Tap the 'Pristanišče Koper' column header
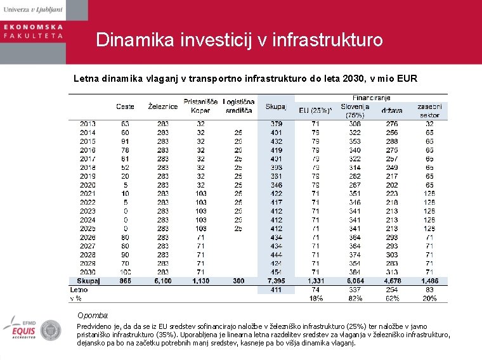[200, 105]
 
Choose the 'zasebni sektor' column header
[429, 110]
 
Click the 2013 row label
[88, 124]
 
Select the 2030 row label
[88, 272]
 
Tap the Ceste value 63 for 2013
[125, 124]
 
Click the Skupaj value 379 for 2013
[277, 124]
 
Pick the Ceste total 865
[124, 281]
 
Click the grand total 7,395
[277, 281]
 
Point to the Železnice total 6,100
[162, 281]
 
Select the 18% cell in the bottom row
[315, 297]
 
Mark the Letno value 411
[277, 289]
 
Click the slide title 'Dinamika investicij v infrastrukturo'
[239, 40]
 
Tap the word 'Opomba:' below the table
[93, 315]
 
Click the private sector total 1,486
[429, 281]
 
